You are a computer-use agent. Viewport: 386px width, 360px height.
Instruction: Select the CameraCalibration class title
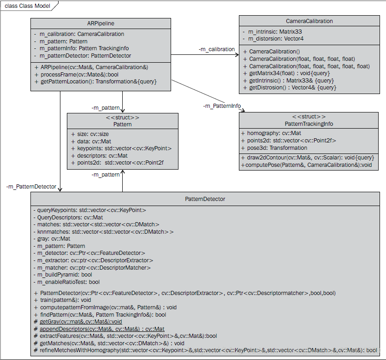click(x=309, y=21)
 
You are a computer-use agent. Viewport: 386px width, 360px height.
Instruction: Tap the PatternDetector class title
click(x=205, y=199)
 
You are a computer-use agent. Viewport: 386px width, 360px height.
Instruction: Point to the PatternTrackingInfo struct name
click(x=309, y=124)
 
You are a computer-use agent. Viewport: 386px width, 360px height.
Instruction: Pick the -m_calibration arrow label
click(x=217, y=49)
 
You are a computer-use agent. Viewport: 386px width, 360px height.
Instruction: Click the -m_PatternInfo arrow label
click(x=222, y=106)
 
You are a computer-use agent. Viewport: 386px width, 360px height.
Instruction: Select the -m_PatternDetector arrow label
click(x=31, y=187)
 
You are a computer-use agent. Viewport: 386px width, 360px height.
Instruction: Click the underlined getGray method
click(x=81, y=321)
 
